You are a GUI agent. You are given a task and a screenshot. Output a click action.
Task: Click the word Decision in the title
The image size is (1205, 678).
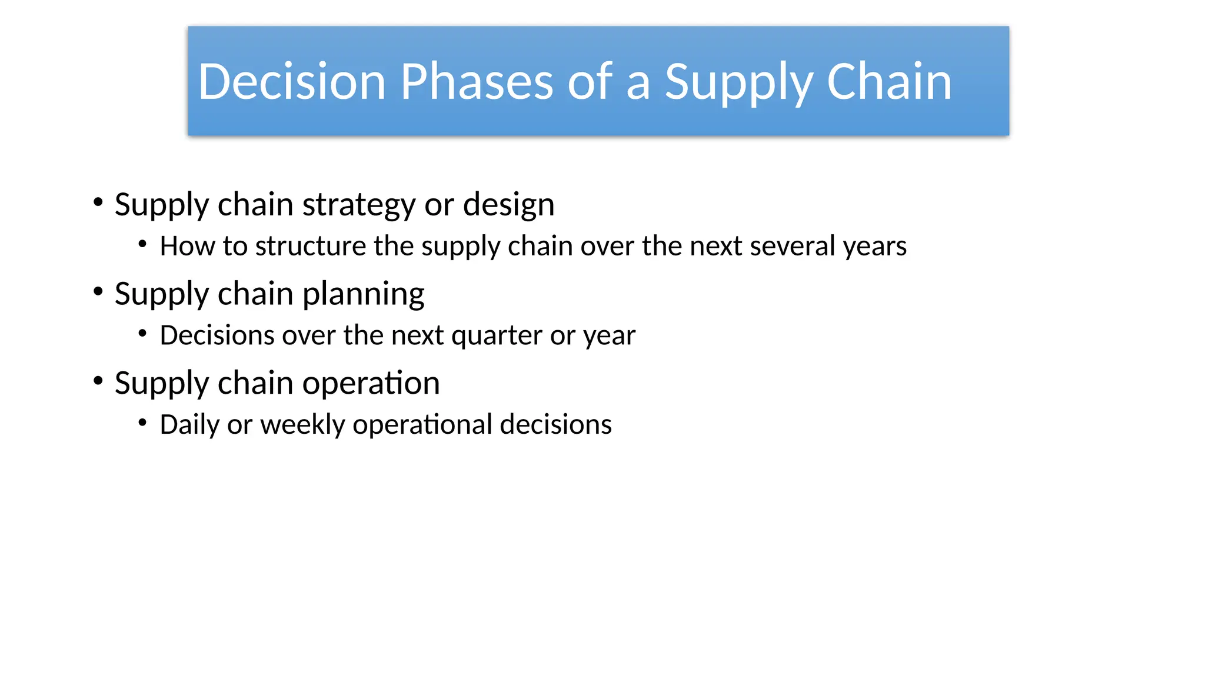pyautogui.click(x=292, y=82)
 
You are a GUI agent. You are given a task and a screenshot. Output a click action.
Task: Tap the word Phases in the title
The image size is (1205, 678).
pyautogui.click(x=477, y=82)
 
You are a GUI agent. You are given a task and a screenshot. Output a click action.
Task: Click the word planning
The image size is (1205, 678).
pyautogui.click(x=363, y=294)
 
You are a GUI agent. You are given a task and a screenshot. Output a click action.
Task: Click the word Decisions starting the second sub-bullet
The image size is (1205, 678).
pyautogui.click(x=217, y=335)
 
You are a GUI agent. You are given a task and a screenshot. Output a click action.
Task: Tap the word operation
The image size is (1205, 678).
pyautogui.click(x=371, y=383)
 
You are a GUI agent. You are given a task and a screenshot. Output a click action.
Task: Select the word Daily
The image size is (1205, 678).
pyautogui.click(x=189, y=425)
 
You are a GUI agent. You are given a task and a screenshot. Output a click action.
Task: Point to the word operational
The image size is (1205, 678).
pyautogui.click(x=422, y=425)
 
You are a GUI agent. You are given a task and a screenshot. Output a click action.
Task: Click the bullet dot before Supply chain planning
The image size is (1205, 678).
pyautogui.click(x=98, y=291)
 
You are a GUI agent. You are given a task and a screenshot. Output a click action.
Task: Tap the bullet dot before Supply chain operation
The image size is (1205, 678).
pyautogui.click(x=98, y=381)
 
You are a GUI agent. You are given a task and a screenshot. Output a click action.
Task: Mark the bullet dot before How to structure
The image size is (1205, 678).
pyautogui.click(x=142, y=244)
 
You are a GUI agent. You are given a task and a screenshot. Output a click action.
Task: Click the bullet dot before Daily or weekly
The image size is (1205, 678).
pyautogui.click(x=142, y=422)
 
